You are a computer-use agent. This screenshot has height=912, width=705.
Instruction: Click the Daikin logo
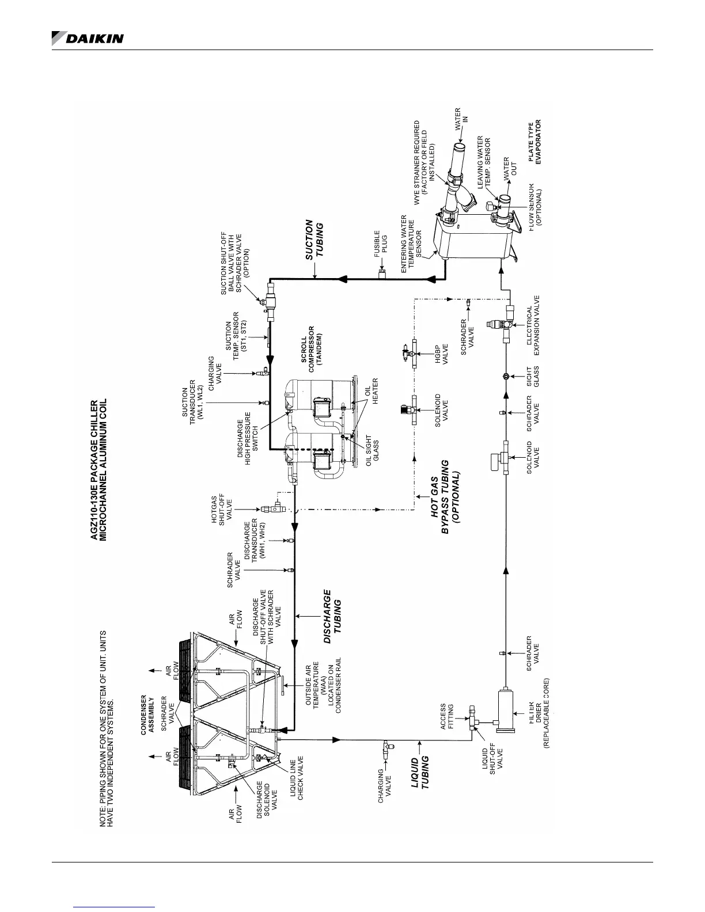(x=88, y=37)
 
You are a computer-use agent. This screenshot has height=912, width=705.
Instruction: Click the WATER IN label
(x=463, y=115)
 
